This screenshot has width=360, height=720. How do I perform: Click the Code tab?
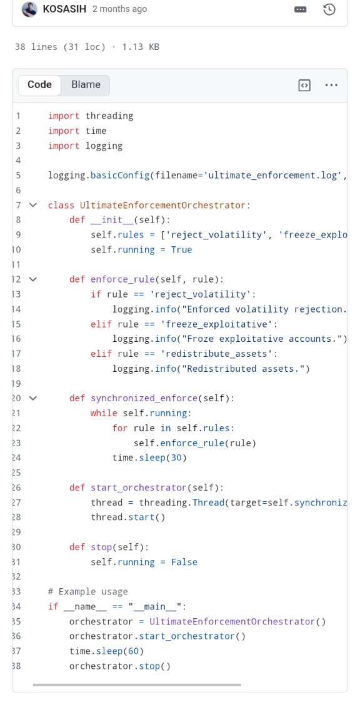click(x=39, y=85)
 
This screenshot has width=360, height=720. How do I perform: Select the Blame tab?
click(x=86, y=85)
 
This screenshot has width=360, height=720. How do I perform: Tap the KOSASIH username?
click(x=64, y=9)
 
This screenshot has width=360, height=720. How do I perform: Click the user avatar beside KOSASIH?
click(x=29, y=9)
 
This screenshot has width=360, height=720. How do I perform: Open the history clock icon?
click(x=329, y=9)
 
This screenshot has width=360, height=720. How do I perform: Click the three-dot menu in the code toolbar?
click(x=331, y=85)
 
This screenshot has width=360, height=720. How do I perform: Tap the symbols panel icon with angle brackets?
click(x=304, y=85)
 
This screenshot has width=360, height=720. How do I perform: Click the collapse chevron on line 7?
click(x=32, y=205)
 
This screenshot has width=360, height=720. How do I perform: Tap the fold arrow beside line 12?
click(x=32, y=279)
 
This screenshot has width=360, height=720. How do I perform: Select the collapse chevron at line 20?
click(x=32, y=398)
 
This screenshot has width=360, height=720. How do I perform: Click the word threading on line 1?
click(x=109, y=116)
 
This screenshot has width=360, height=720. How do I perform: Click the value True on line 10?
click(x=181, y=250)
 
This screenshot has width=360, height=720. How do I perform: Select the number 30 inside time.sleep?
click(x=176, y=457)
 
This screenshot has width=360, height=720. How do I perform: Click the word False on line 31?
click(x=184, y=562)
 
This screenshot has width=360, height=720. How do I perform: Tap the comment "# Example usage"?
click(x=87, y=591)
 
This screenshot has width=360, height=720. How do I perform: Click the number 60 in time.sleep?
click(x=133, y=651)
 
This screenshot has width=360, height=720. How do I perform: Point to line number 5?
click(x=18, y=176)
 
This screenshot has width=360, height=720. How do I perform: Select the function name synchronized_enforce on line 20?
click(x=144, y=398)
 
